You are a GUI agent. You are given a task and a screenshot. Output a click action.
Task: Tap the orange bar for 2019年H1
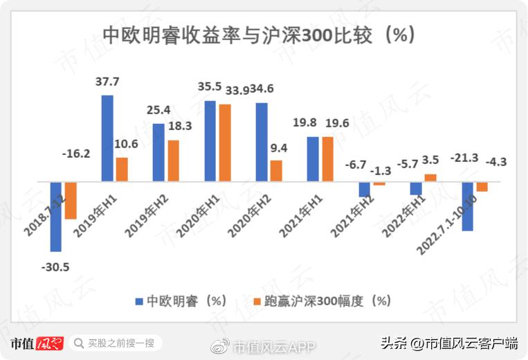(122, 170)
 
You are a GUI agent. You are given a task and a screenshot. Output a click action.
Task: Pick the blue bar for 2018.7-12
(56, 216)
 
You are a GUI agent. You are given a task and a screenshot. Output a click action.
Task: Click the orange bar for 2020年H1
(224, 143)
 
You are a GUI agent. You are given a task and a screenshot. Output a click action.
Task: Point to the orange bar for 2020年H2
(275, 171)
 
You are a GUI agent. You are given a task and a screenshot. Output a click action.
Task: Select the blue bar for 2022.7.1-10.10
(467, 206)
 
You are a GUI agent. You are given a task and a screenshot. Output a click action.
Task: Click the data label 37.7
(107, 82)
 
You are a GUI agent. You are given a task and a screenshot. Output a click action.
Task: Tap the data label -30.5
(55, 267)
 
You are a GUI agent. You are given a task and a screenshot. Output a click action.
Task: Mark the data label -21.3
(465, 159)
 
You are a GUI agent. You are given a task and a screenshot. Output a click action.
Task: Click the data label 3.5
(429, 160)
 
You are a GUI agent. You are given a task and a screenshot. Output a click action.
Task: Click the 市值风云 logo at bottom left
(37, 343)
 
